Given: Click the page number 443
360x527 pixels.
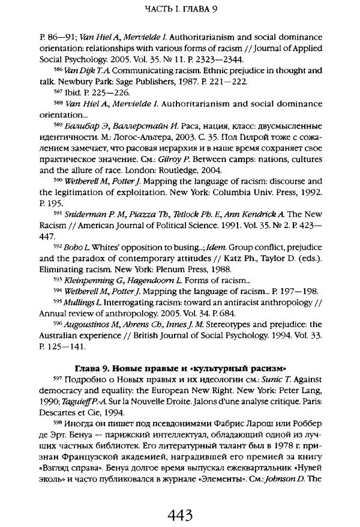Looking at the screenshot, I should tap(179, 498).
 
